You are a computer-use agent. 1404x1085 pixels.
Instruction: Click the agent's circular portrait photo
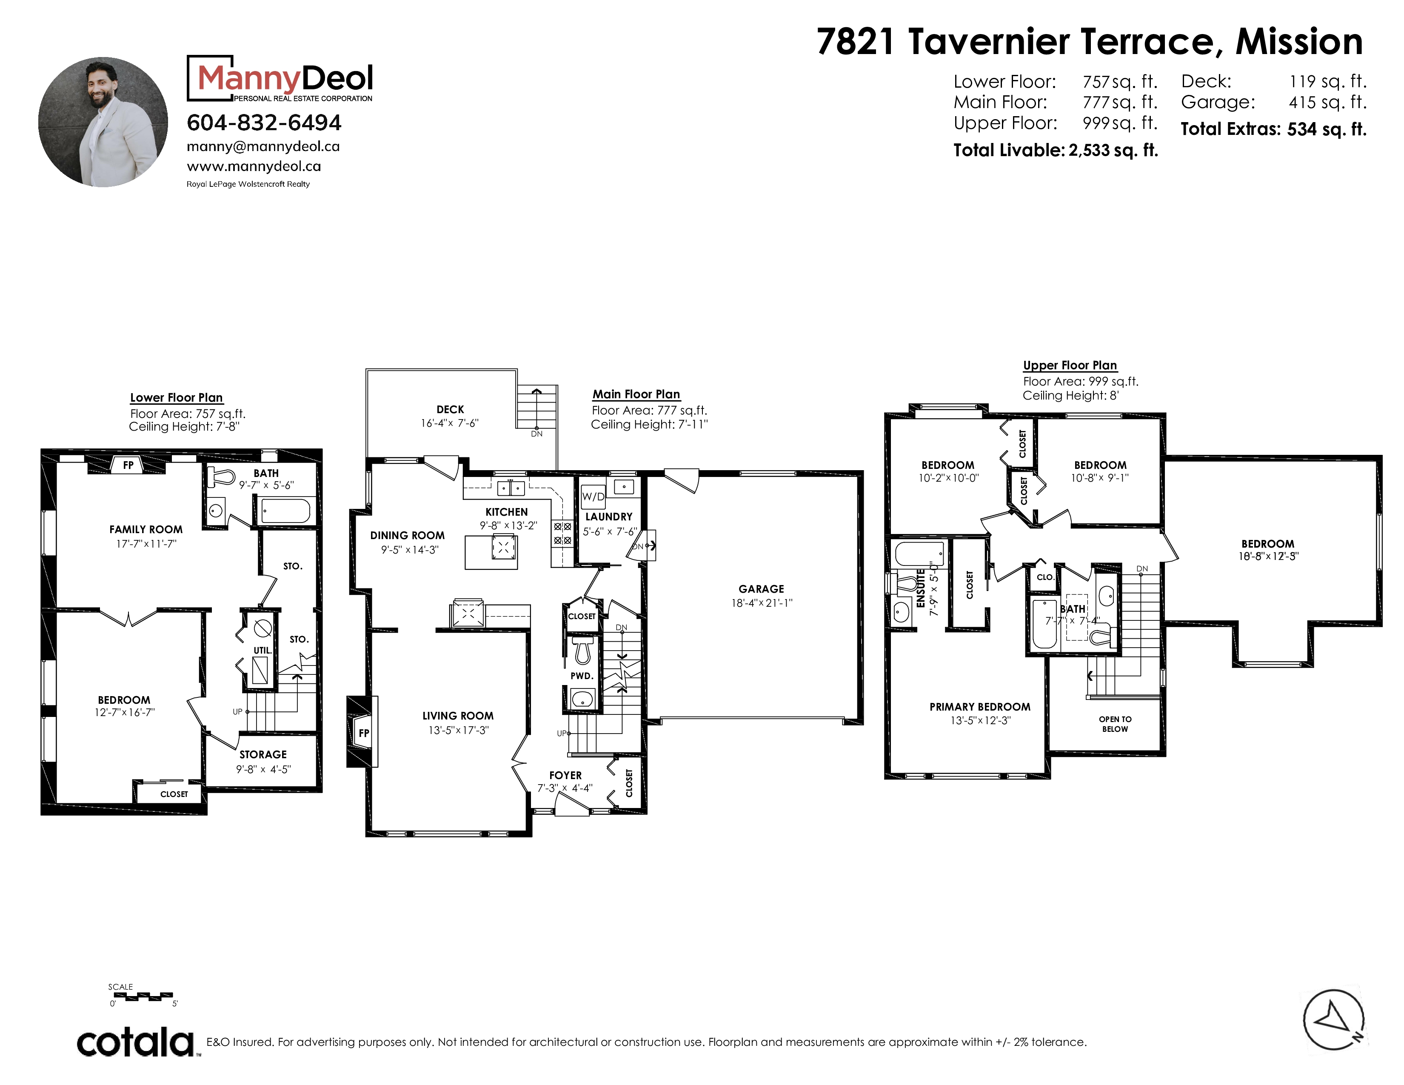tap(103, 122)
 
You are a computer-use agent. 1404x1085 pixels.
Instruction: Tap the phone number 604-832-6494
tap(264, 122)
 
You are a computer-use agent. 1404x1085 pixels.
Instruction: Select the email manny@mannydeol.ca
tap(263, 146)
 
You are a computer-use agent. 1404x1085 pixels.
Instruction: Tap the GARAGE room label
tap(761, 589)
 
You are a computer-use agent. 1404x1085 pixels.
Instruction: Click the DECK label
tap(450, 409)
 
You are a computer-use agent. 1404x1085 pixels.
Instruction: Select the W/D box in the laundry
tap(593, 496)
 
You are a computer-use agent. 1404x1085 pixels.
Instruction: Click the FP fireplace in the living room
tap(363, 733)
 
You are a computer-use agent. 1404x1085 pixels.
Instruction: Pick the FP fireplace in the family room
tap(128, 465)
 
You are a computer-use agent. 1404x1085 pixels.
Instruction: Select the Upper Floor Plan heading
tap(1070, 365)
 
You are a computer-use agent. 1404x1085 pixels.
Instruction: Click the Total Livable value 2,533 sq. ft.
tap(1113, 150)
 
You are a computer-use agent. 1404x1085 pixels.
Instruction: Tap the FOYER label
tap(565, 775)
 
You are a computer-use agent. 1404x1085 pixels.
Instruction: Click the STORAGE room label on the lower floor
tap(263, 755)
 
